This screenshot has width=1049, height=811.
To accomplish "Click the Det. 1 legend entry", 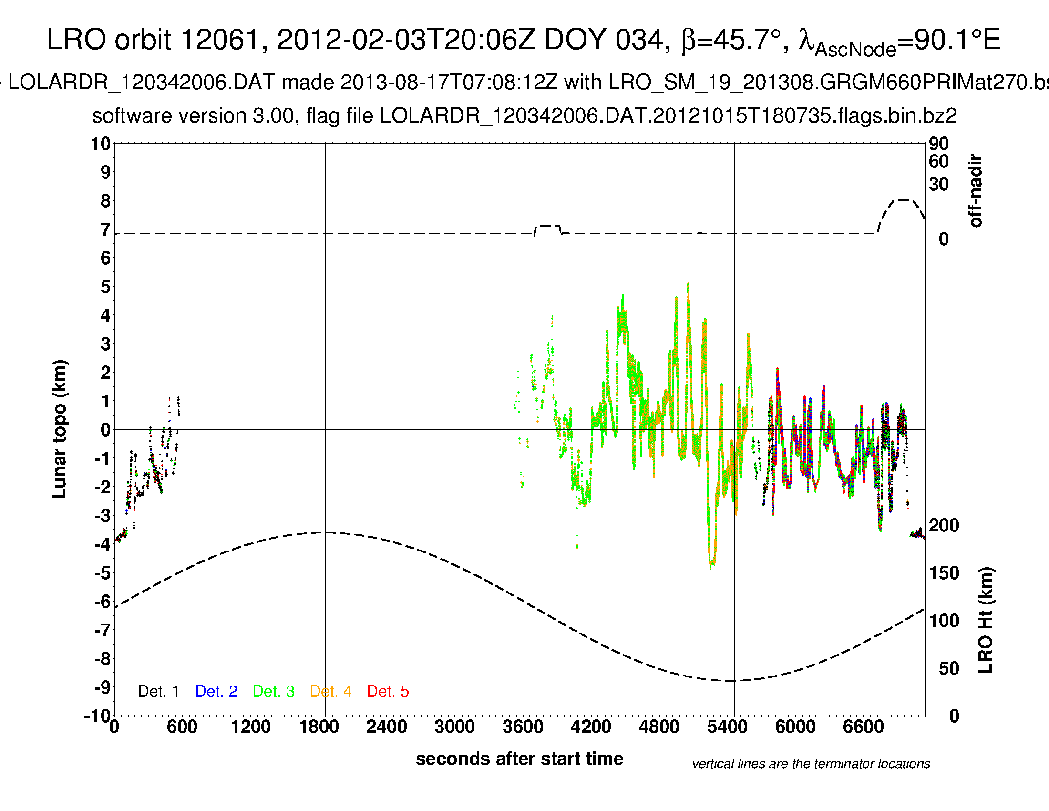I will coord(158,691).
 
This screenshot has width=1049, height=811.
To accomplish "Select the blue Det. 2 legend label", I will coord(216,691).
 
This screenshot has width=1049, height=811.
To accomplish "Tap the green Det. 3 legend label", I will coord(273,691).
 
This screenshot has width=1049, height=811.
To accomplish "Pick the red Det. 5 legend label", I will coord(388,691).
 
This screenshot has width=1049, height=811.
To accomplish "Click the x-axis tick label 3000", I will coord(454,727).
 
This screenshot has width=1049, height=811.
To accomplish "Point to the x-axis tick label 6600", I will coord(863,727).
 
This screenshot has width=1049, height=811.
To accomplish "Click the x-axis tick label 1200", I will coord(250,727).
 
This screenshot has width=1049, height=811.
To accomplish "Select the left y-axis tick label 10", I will coord(101,144).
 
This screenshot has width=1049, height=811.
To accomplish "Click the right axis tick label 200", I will coord(944,525).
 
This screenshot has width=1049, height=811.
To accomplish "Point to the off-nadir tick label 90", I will coord(938,144).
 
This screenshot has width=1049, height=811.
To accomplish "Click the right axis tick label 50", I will coord(948,668).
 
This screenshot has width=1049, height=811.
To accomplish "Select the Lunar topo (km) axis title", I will coord(60,429).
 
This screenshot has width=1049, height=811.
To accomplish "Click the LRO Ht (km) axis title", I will coord(985,620).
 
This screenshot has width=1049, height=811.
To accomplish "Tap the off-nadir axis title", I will coord(976,191).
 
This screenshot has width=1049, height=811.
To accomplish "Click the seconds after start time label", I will coord(519,759).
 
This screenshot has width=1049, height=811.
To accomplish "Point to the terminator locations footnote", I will coord(811,764).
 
